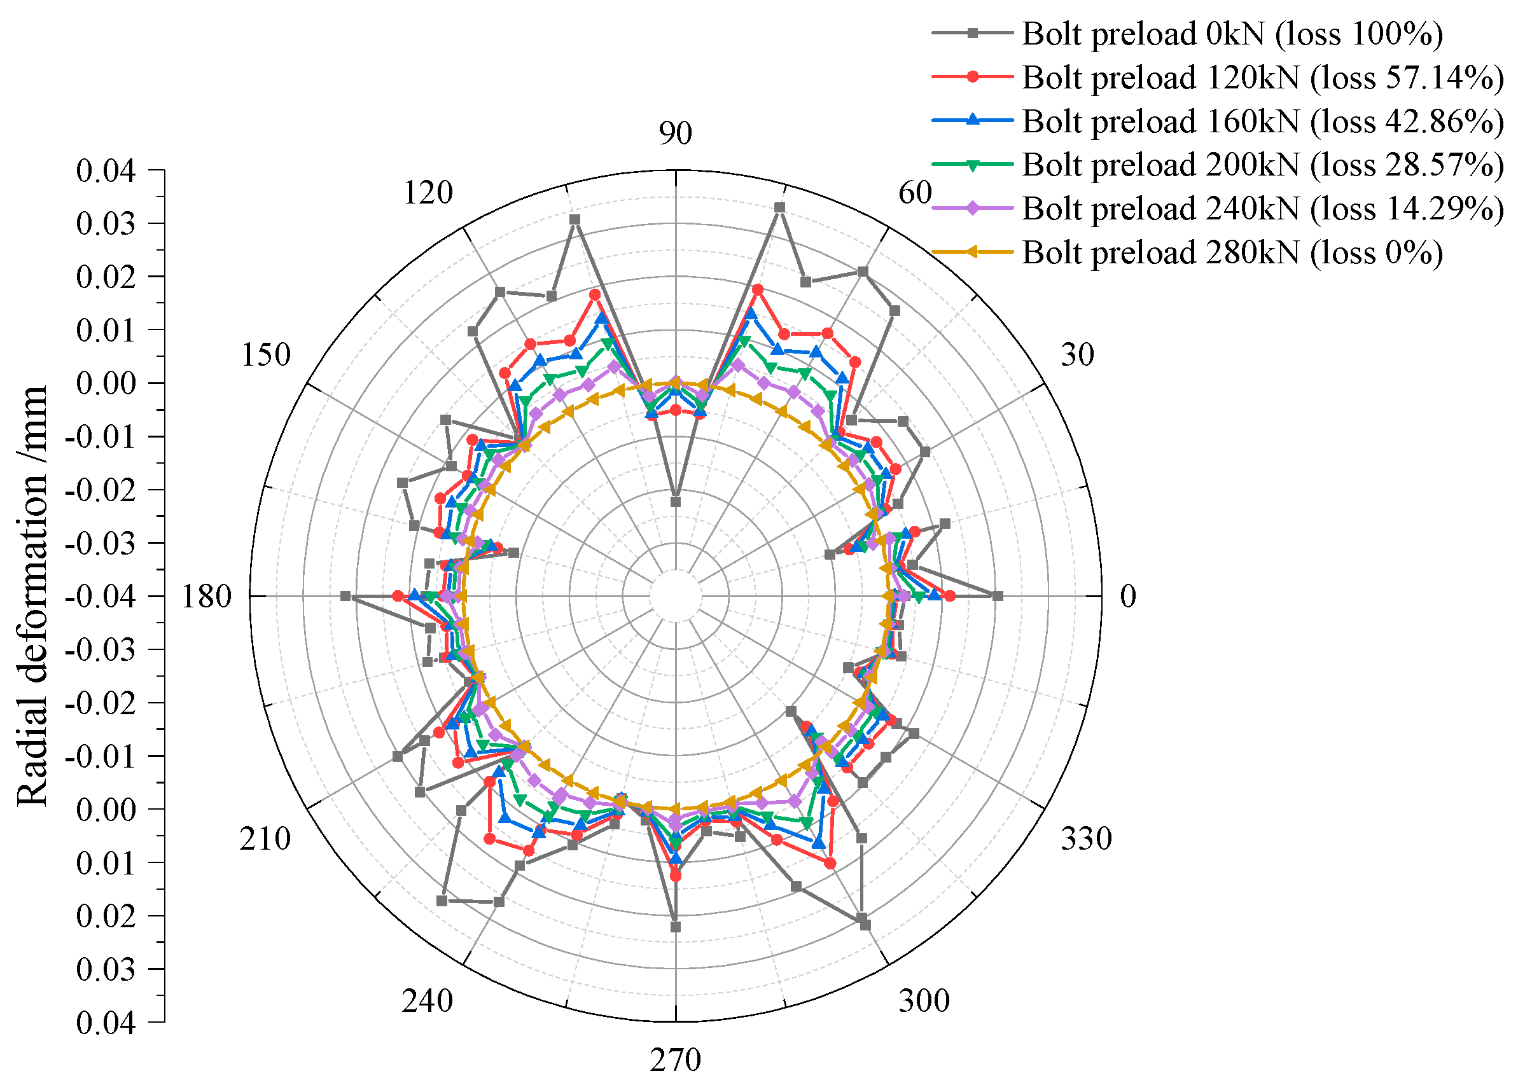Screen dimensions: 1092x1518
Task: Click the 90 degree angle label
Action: tap(675, 133)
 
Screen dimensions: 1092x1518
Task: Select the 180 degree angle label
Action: tap(206, 596)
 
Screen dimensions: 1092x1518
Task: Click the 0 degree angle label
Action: tap(1129, 596)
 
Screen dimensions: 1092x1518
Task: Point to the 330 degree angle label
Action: tap(1085, 838)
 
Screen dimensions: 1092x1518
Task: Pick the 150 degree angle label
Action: tap(266, 355)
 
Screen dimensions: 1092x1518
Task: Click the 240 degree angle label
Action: tap(427, 1001)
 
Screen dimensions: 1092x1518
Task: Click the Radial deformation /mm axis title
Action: tap(31, 596)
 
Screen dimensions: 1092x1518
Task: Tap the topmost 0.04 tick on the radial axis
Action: tap(106, 170)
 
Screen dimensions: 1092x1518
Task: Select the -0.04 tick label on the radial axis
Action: tap(101, 596)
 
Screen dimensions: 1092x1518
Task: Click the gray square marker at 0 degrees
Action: tap(998, 595)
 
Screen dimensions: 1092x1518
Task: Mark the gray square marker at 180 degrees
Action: tap(345, 595)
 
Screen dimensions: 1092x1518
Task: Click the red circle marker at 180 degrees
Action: tap(398, 595)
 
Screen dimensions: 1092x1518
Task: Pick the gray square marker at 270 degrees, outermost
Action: tap(675, 927)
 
